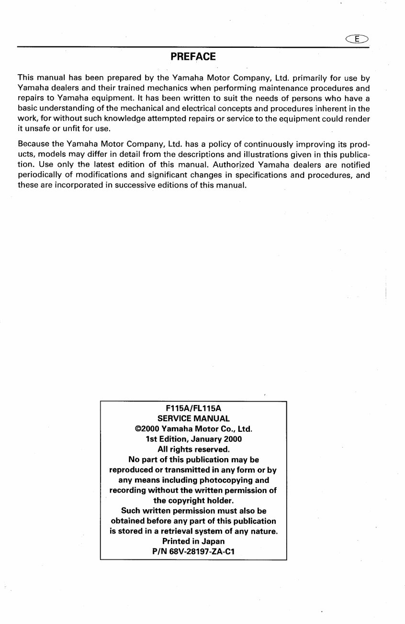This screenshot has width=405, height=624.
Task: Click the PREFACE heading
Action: coord(193,57)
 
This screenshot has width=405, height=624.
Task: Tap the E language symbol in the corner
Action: coord(358,39)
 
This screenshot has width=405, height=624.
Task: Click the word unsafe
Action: coord(36,129)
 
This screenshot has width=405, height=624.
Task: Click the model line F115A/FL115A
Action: coord(193,408)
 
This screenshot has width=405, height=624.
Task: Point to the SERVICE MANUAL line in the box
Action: coord(193,418)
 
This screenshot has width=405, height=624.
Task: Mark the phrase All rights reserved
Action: coord(193,449)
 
